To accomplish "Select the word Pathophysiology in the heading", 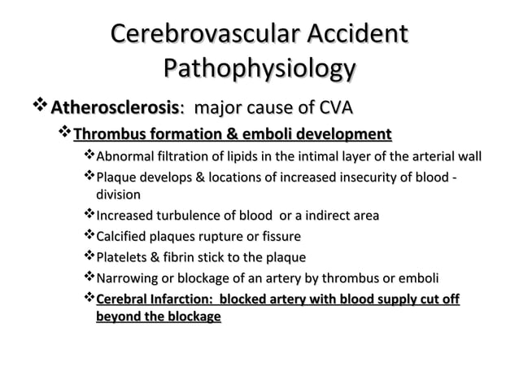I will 259,68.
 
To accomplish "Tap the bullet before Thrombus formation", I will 66,133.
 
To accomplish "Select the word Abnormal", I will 123,156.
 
